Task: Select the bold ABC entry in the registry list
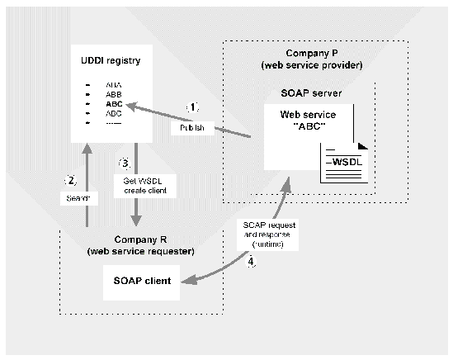(x=113, y=104)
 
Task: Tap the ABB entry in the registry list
(x=113, y=94)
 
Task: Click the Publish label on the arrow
(x=192, y=128)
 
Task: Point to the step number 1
(x=192, y=107)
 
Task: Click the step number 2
(x=71, y=180)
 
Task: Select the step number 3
(x=125, y=161)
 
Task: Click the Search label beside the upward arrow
(x=74, y=199)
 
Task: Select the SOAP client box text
(x=141, y=281)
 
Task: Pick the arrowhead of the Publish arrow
(x=132, y=104)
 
